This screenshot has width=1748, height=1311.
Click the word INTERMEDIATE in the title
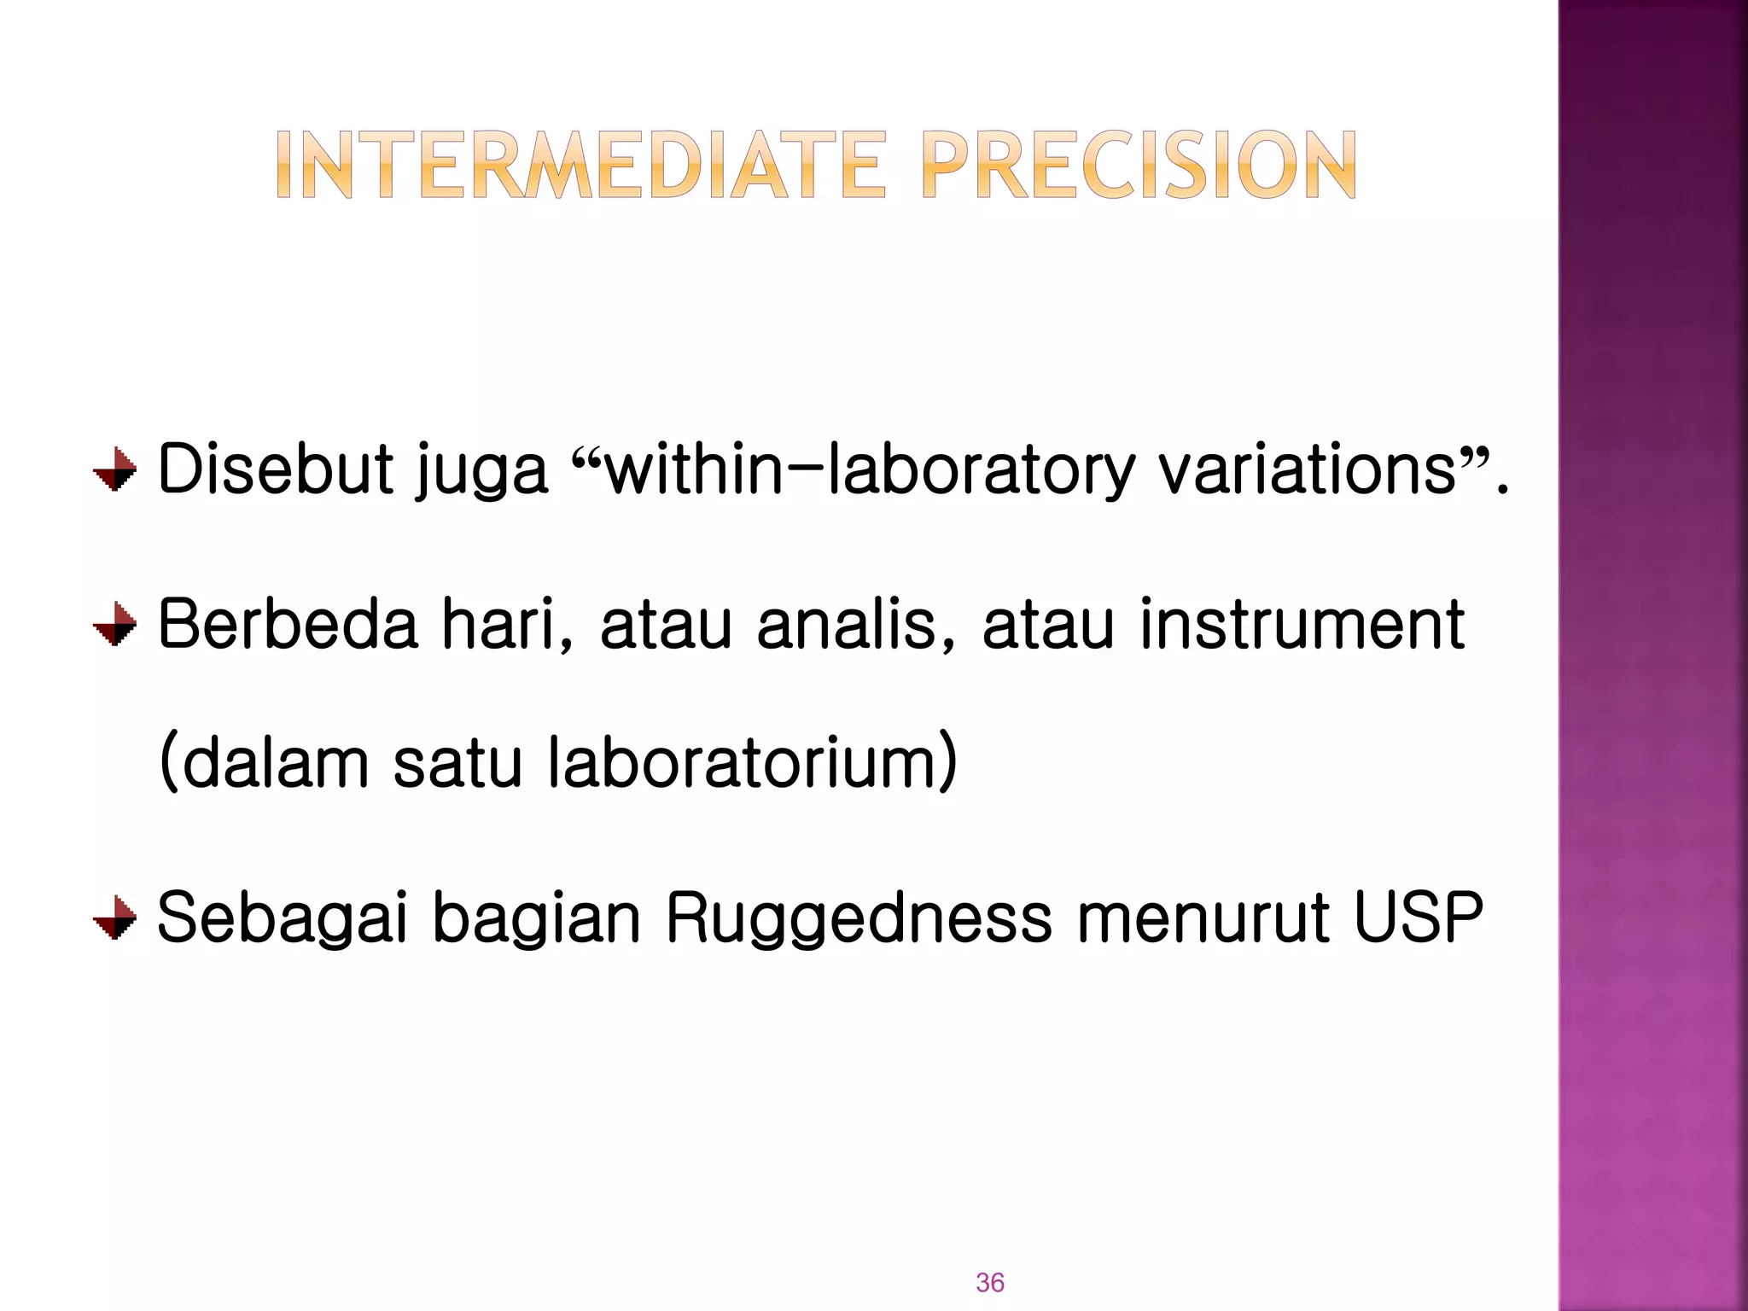[581, 166]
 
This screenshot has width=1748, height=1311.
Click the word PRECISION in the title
[1139, 166]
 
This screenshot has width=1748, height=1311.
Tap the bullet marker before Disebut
[115, 469]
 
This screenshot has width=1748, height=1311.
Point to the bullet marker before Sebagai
[115, 918]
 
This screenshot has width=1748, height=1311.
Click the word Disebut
[276, 469]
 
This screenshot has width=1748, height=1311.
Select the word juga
[481, 472]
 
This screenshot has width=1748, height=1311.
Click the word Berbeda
[288, 624]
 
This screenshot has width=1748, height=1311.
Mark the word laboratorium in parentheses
[752, 762]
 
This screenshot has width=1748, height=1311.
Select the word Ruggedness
[859, 919]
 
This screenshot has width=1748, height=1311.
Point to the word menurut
[1203, 918]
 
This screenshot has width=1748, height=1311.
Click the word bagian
[536, 919]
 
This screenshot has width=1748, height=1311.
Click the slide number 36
[990, 1282]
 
